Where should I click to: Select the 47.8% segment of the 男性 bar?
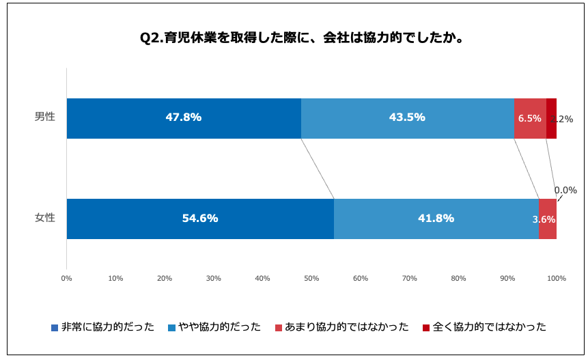click(184, 118)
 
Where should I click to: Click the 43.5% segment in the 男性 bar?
click(407, 118)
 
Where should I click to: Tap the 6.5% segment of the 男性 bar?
click(530, 118)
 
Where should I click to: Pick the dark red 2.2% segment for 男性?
click(551, 118)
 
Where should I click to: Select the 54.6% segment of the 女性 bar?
click(200, 219)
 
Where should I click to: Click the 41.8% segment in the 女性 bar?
click(436, 219)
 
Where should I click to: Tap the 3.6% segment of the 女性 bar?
click(548, 219)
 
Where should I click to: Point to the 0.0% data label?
click(565, 191)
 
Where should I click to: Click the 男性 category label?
click(45, 117)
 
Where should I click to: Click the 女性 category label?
click(45, 219)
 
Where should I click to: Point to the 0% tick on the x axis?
click(66, 278)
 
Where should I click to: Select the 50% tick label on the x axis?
click(311, 278)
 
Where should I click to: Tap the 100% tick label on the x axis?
click(557, 278)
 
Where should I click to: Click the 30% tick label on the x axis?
click(213, 278)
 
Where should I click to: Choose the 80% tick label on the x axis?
click(458, 278)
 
